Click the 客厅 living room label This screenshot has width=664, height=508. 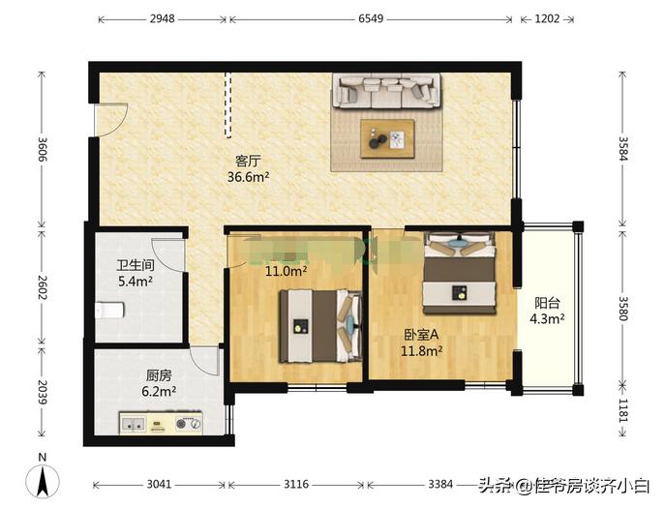pos(249,161)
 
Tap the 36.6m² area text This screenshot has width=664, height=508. pos(249,177)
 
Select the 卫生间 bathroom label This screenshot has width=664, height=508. pos(136,265)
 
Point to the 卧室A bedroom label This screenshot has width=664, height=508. pos(422,335)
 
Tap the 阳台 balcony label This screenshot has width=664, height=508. pos(548,300)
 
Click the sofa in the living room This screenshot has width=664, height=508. pos(385,91)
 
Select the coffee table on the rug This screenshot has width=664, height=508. pos(388,137)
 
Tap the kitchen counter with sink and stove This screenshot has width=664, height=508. pos(161,423)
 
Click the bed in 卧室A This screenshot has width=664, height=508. pos(460,270)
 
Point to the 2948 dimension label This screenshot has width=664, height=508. pos(162,16)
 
